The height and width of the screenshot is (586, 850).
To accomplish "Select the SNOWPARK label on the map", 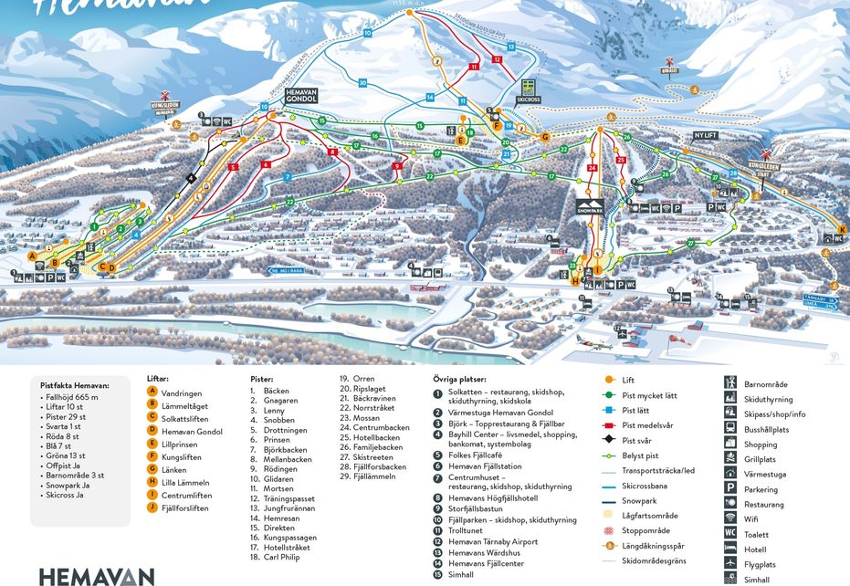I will click(590, 207).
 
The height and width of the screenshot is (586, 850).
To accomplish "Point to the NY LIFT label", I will click(707, 134).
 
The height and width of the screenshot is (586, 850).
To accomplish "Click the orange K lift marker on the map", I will click(842, 228).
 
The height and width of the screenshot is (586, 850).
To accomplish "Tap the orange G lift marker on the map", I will click(545, 137).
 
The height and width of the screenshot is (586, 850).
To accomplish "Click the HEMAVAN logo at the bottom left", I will click(96, 576).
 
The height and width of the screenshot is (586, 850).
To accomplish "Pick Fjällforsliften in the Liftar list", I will click(191, 508).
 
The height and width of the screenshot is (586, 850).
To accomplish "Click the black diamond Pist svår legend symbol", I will click(609, 439).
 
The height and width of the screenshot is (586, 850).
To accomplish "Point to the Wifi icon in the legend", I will click(731, 518).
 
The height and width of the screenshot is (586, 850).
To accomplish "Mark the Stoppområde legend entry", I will click(648, 529).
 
